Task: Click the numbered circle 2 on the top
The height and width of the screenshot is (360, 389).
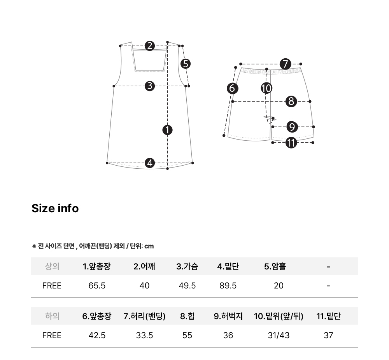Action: point(150,46)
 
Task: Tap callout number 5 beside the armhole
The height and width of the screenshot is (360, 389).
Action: point(186,64)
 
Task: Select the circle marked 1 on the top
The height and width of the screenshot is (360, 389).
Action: point(167,130)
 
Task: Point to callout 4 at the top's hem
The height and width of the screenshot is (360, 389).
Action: point(150,163)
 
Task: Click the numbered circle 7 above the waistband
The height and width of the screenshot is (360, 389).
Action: point(285,64)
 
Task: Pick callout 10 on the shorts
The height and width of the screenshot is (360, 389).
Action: point(267,88)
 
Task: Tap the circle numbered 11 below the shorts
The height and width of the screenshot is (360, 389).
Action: point(291,143)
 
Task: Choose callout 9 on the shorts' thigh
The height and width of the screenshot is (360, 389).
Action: point(292,127)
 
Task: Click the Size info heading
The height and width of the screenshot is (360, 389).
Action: point(55,208)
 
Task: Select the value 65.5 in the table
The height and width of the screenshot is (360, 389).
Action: point(97,286)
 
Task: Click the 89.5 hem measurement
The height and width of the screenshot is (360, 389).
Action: point(228,286)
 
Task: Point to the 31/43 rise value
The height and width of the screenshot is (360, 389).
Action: point(279,336)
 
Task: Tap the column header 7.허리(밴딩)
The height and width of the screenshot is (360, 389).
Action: point(144,316)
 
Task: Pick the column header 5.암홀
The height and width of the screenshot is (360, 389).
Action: point(275,266)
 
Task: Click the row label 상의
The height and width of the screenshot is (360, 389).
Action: point(52,266)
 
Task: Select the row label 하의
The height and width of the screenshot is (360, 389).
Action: point(52,316)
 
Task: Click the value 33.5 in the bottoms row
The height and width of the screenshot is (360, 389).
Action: point(144,336)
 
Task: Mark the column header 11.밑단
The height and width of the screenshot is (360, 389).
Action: point(328,316)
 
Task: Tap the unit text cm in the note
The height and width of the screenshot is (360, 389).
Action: point(149,246)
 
